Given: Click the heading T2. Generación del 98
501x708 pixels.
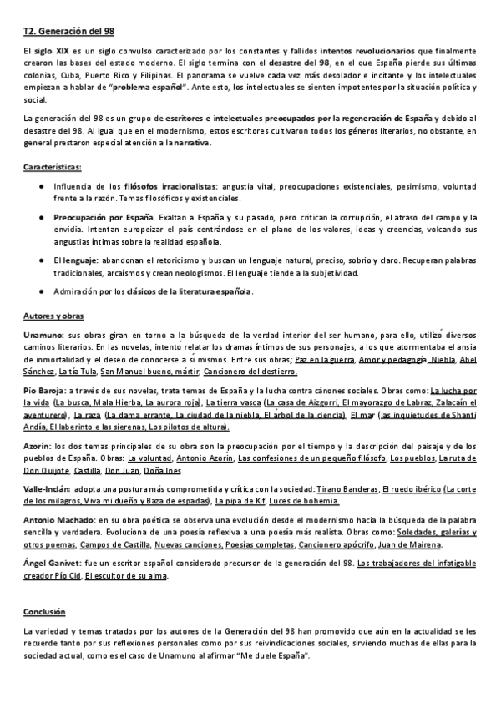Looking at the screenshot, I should click(68, 31).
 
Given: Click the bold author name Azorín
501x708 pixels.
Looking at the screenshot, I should click(38, 447).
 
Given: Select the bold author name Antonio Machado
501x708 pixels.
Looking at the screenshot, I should click(58, 520).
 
